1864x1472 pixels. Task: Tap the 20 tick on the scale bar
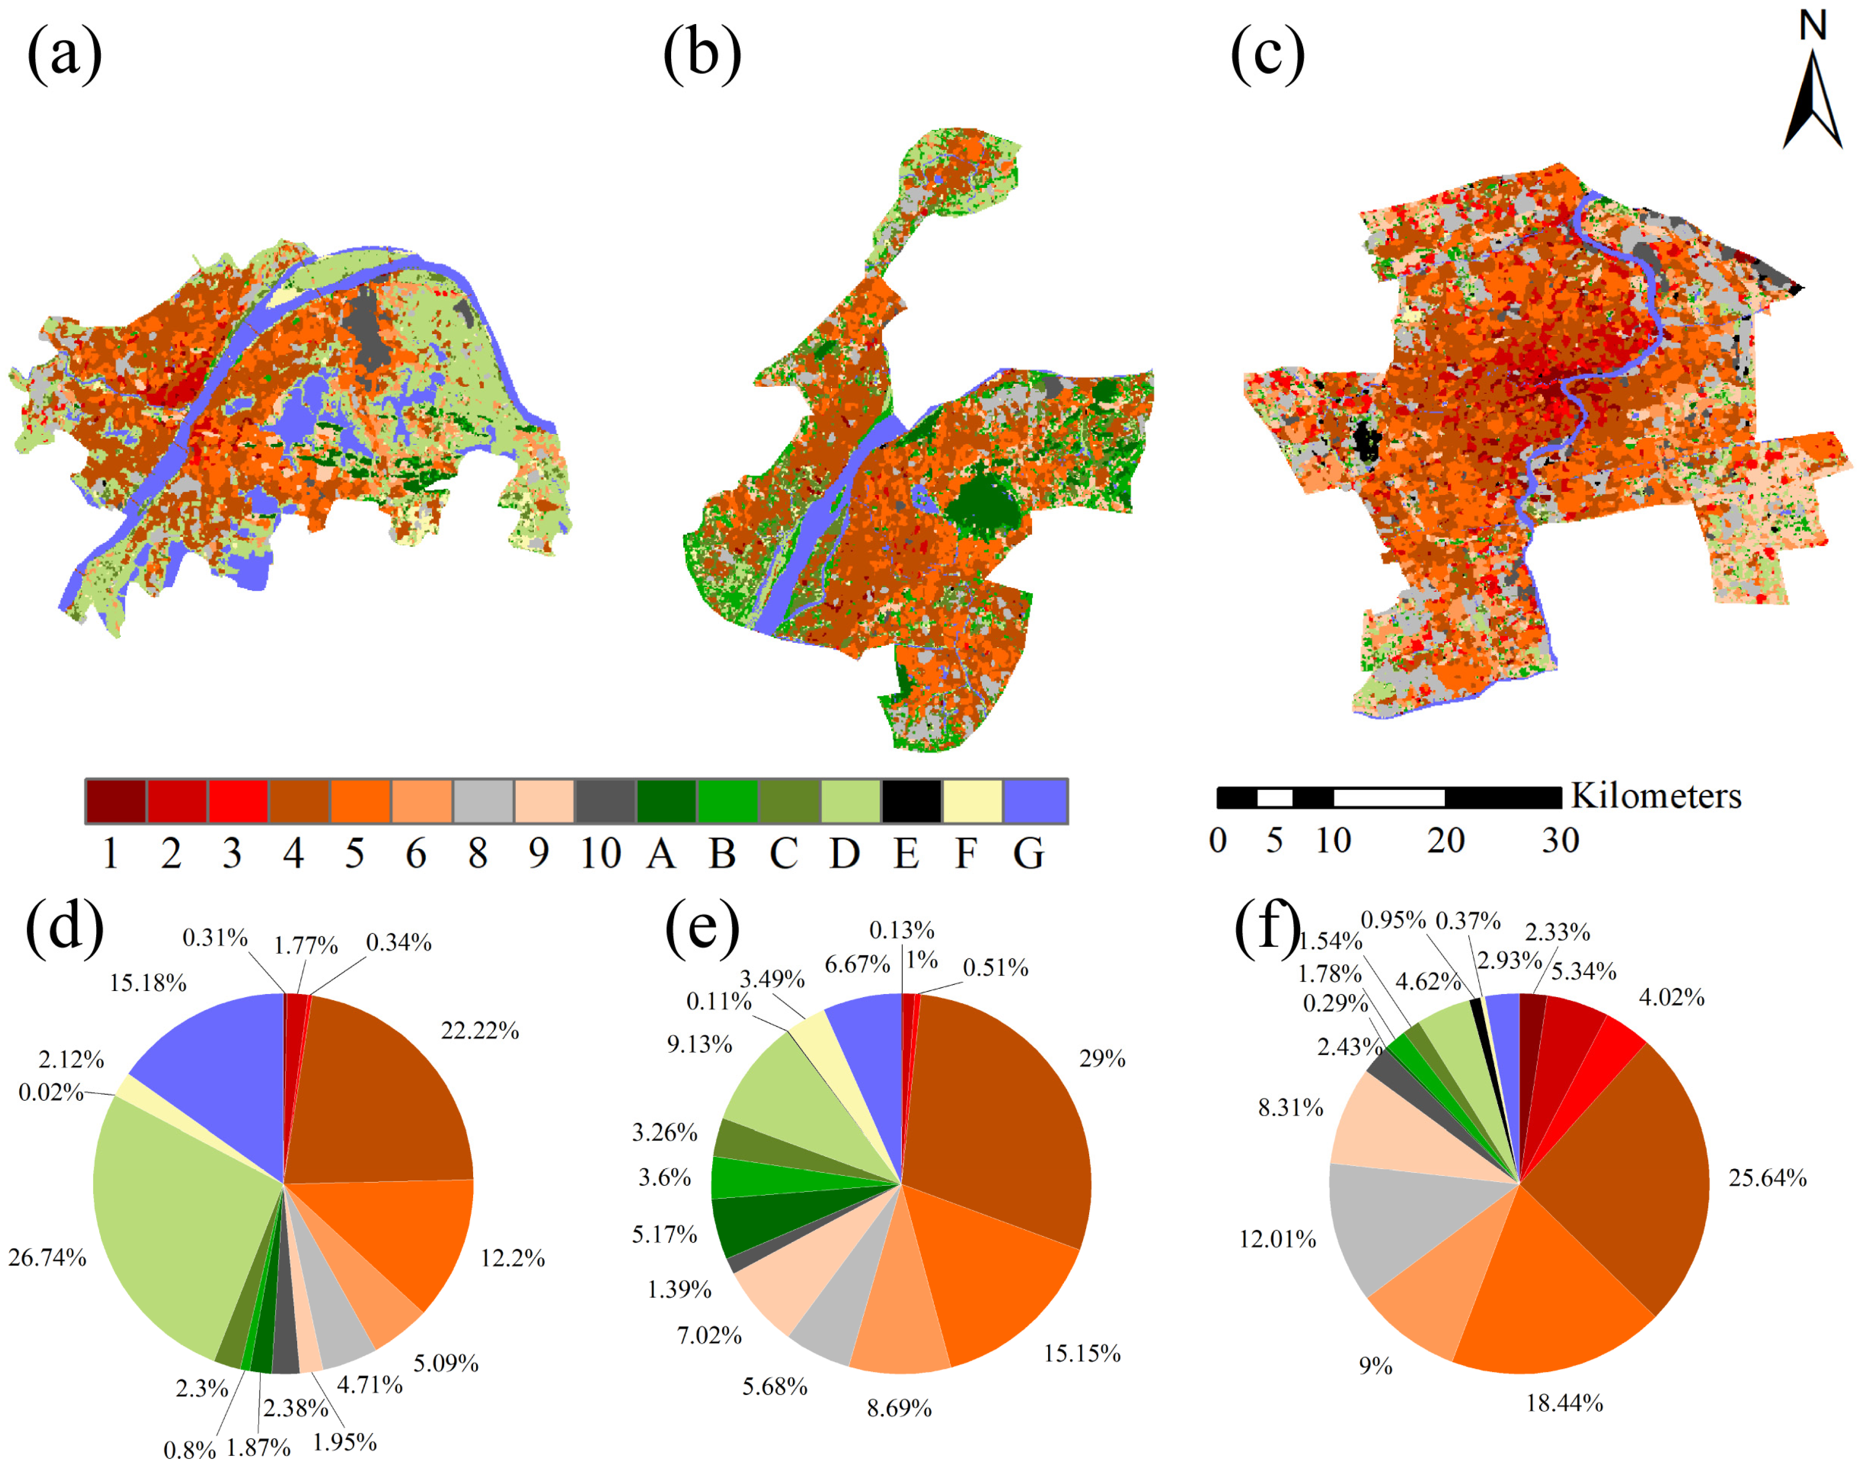(x=1446, y=840)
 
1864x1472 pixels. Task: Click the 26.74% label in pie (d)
(x=48, y=1258)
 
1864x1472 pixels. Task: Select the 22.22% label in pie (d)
(x=480, y=1030)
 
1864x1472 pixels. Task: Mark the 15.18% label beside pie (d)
(x=147, y=983)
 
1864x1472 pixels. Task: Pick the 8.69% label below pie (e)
(x=899, y=1408)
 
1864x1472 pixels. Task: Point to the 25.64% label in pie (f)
(x=1767, y=1177)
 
